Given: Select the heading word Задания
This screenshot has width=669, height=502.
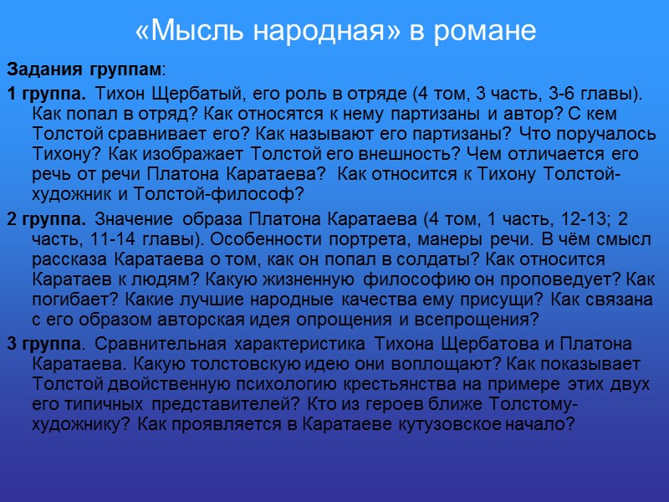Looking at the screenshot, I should click(38, 68).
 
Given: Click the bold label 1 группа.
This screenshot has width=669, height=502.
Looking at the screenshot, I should click(47, 91).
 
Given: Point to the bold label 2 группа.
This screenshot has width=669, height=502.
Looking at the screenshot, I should click(47, 220).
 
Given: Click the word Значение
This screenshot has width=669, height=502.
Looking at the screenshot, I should click(132, 220).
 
